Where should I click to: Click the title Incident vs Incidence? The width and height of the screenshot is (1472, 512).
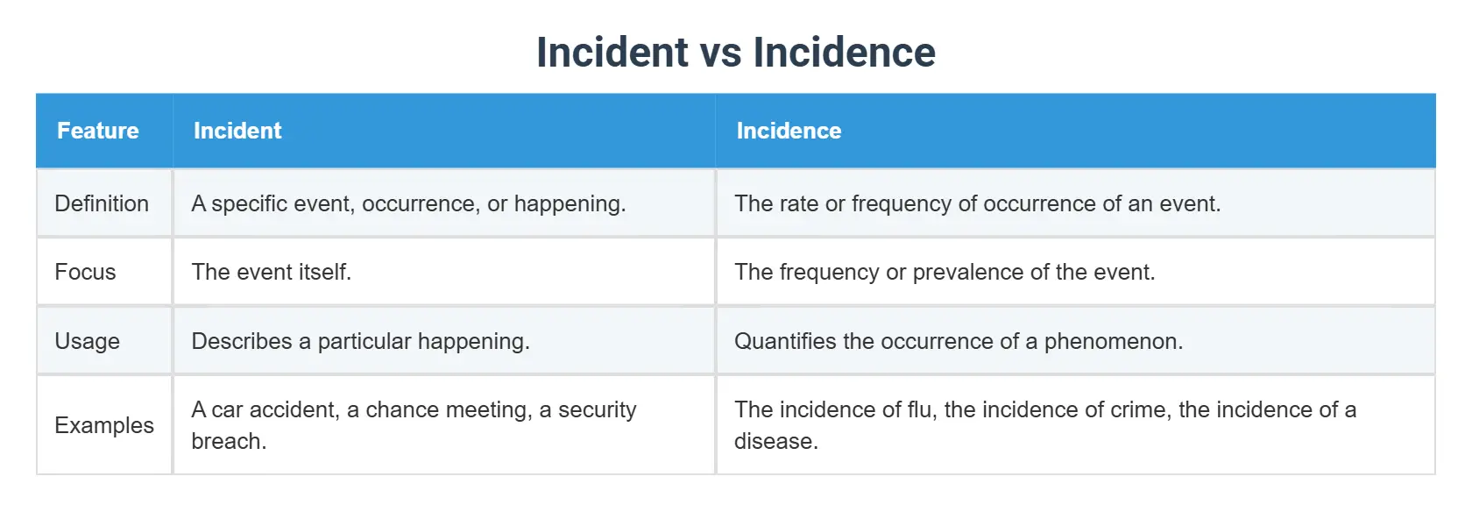(735, 53)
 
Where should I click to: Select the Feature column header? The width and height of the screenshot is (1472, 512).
(98, 131)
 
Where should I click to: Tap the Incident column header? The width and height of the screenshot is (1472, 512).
(237, 131)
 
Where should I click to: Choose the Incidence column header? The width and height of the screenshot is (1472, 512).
(789, 131)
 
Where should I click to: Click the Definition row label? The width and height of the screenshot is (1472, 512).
(102, 203)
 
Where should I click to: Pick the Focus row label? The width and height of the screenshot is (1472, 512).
(85, 272)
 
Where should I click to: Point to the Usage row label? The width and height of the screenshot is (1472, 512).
(87, 341)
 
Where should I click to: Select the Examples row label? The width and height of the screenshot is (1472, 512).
(104, 425)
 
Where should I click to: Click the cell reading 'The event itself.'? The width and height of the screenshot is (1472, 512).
(272, 272)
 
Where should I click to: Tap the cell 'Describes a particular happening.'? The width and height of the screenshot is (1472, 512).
(361, 341)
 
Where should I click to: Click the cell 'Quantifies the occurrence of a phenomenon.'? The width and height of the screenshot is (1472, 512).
(959, 341)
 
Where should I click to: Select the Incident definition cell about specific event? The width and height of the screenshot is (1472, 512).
(408, 203)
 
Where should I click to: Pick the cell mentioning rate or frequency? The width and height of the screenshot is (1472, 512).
(977, 203)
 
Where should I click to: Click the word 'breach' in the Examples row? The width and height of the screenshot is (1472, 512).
(226, 441)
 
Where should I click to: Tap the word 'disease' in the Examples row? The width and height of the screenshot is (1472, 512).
(774, 441)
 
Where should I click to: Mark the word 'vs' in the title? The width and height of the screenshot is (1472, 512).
(720, 53)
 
